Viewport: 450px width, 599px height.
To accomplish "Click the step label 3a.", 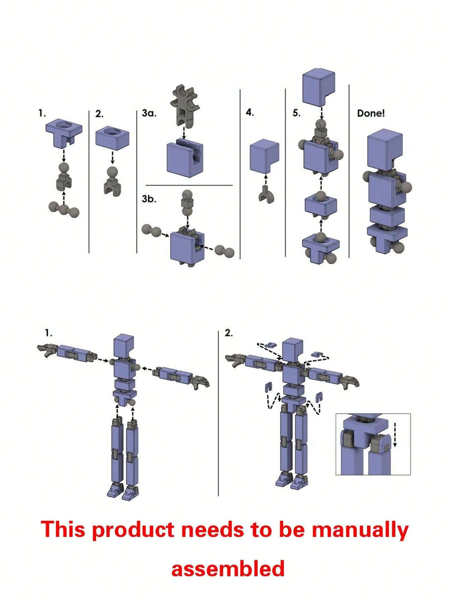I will click(x=148, y=113).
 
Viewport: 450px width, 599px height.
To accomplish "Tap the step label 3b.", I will click(x=148, y=199).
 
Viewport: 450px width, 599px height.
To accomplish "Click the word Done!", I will click(x=371, y=113).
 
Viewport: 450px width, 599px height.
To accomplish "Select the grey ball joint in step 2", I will click(x=113, y=181).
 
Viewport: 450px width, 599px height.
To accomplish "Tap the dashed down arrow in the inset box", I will click(x=395, y=435).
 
